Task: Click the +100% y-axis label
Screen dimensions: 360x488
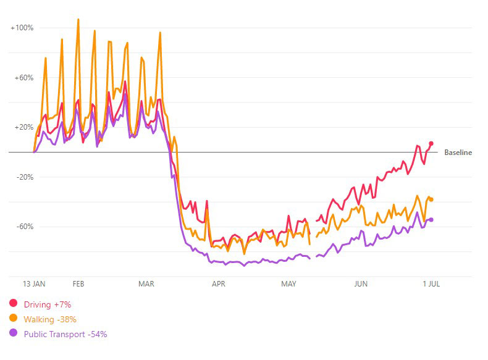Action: pos(22,28)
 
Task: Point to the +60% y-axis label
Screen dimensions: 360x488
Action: pos(23,78)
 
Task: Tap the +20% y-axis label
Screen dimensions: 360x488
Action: pos(23,127)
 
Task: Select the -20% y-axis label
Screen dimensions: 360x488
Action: pos(24,177)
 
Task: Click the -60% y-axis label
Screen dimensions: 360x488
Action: pos(24,227)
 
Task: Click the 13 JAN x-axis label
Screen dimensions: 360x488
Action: pos(34,284)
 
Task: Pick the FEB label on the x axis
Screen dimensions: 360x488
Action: pos(78,284)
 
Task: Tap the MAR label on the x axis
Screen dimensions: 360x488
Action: pos(146,284)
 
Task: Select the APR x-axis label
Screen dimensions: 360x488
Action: pos(218,284)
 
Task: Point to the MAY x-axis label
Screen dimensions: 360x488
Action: pos(288,284)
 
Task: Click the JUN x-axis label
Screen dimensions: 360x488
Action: pos(361,284)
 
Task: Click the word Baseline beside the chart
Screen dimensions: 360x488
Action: pos(458,153)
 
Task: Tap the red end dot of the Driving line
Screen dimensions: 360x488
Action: pos(431,144)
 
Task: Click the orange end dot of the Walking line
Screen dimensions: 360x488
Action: pos(431,199)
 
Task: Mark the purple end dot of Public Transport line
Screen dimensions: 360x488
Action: pos(431,219)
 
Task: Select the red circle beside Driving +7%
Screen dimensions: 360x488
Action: pos(13,304)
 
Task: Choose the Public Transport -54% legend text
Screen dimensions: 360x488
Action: pos(65,334)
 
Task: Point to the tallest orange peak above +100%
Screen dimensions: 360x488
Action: pos(78,19)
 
